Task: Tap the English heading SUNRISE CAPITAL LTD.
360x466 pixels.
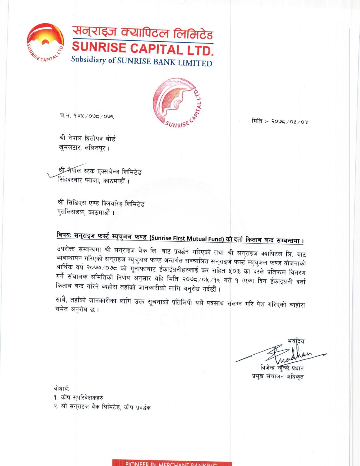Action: click(x=143, y=49)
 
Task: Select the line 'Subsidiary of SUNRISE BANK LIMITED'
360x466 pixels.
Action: click(x=142, y=61)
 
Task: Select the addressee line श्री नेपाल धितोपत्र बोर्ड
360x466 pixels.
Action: click(x=87, y=138)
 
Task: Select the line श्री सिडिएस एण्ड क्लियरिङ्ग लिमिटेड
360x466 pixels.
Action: click(x=101, y=203)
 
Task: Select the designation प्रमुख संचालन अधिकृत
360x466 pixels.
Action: click(x=278, y=377)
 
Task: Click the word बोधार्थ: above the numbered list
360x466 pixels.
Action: click(x=62, y=388)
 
